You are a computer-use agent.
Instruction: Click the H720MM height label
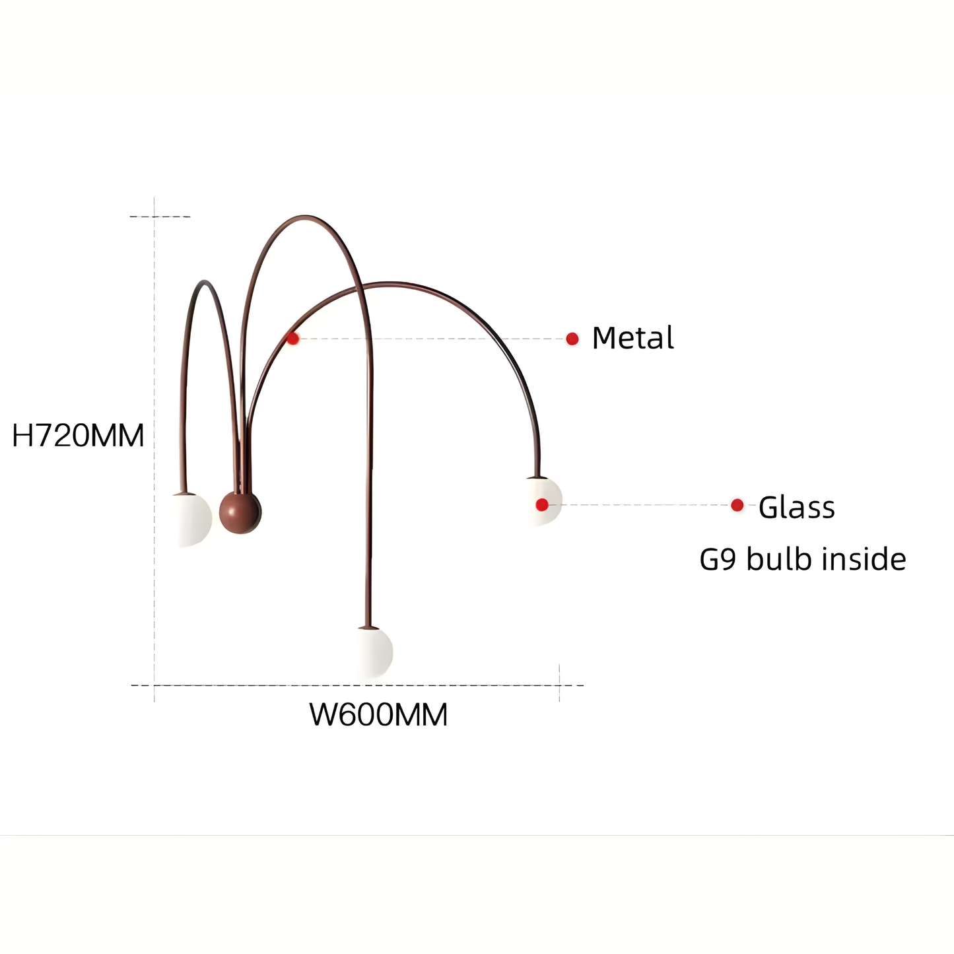78,436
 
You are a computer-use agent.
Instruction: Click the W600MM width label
378,715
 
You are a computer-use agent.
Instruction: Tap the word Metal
632,338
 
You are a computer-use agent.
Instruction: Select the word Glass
796,508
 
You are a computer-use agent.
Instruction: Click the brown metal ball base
240,512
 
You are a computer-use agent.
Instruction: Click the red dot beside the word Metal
572,339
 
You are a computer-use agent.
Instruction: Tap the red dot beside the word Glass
737,505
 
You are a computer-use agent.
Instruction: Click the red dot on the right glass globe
542,505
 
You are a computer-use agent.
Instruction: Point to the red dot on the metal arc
293,339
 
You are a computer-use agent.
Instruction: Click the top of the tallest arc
305,217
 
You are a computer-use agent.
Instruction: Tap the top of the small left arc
205,283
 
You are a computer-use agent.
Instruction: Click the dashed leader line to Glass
640,505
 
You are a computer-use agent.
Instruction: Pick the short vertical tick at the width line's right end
559,683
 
